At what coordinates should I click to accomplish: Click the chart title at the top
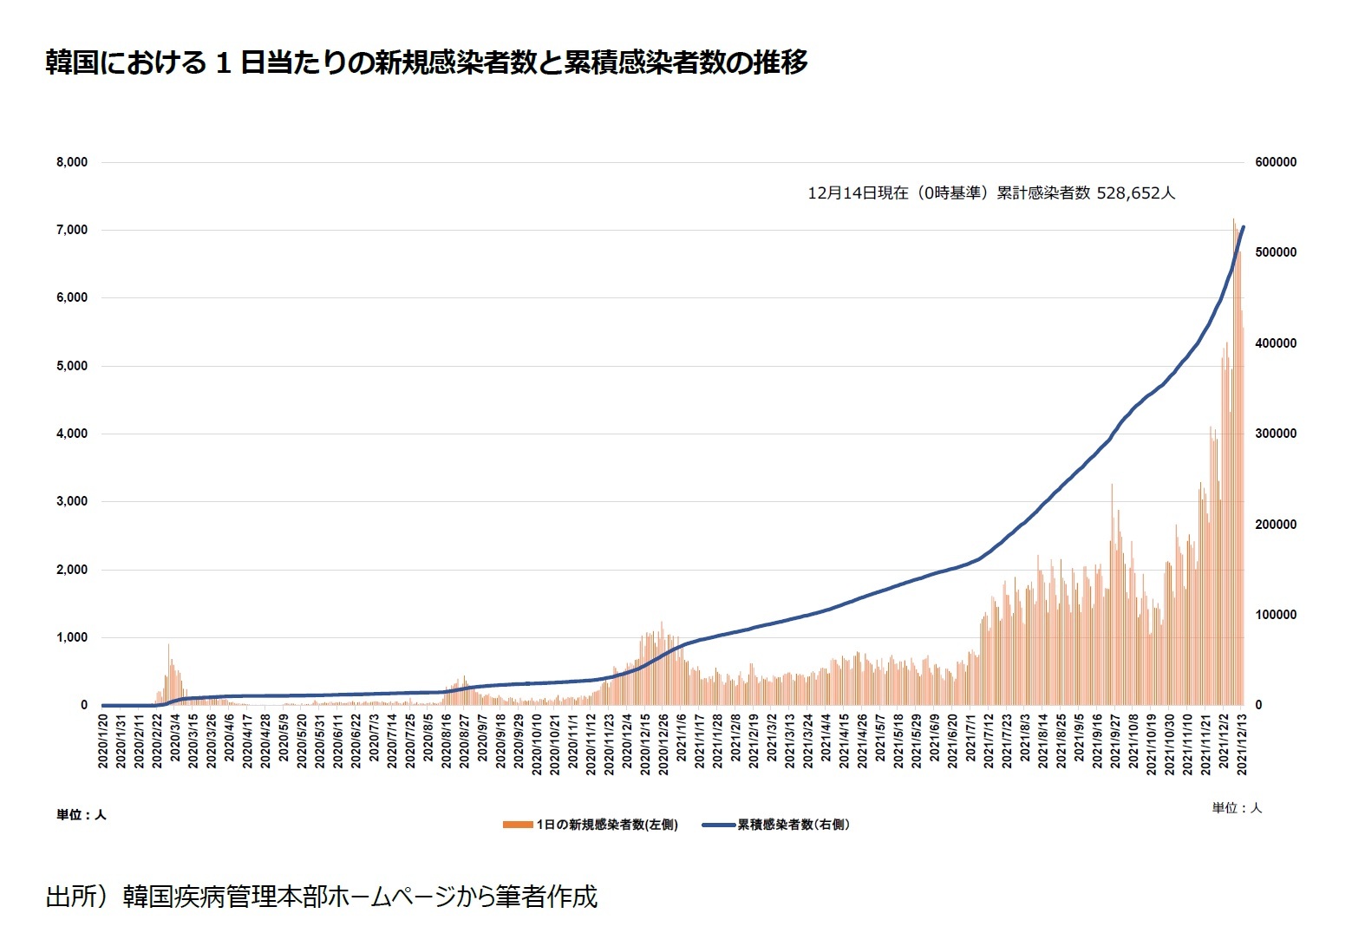coord(426,62)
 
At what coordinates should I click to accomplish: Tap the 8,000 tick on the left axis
coord(72,162)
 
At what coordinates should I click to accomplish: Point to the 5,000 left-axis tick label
coord(72,366)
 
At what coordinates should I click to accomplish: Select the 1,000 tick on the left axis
coord(72,637)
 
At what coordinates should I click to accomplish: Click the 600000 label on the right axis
coord(1276,162)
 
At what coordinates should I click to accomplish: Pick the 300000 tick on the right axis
coord(1276,434)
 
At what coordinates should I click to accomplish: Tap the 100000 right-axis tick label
coord(1276,615)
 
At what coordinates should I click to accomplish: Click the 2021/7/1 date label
coord(971,739)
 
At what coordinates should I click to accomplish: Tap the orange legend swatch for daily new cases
coord(517,825)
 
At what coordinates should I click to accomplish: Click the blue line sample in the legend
coord(717,825)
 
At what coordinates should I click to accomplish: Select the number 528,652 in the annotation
coord(1127,193)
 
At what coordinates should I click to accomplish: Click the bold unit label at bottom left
coord(82,815)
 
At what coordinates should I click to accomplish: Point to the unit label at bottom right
coord(1237,808)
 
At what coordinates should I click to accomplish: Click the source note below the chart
coord(322,897)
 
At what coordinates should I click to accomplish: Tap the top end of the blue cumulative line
coord(1244,227)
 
